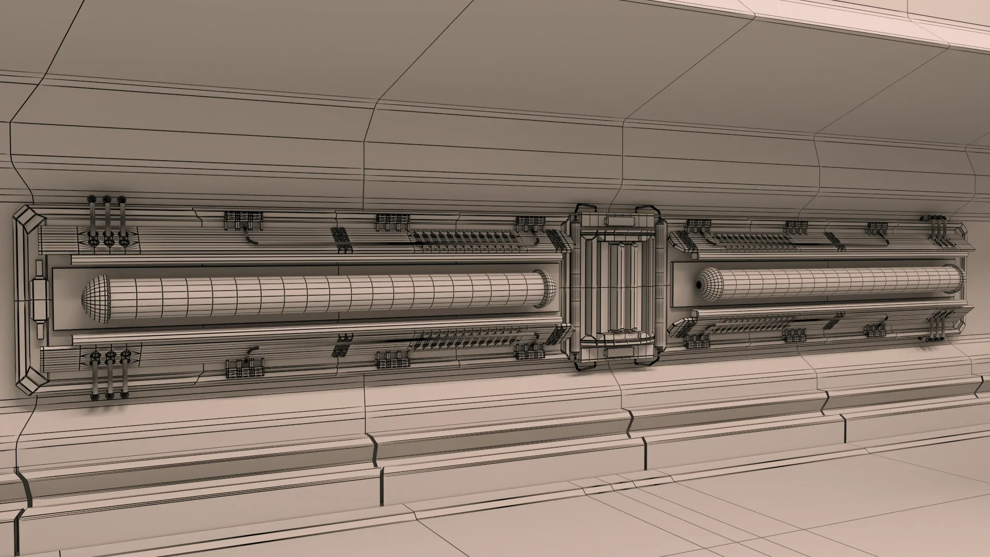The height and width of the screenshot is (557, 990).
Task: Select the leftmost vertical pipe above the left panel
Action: pos(92,219)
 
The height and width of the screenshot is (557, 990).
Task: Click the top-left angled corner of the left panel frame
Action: pos(29,219)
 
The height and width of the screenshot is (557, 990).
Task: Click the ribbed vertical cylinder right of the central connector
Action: pos(661,286)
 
